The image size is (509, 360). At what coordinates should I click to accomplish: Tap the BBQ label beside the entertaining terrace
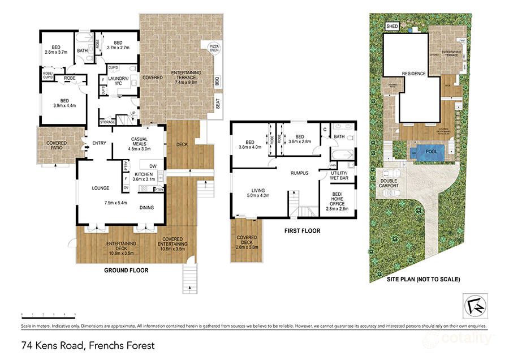[x=217, y=82]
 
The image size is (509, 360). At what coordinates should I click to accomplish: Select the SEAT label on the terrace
[x=217, y=104]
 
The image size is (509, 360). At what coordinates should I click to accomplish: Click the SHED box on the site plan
[x=392, y=27]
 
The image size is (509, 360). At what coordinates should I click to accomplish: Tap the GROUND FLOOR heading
[x=126, y=271]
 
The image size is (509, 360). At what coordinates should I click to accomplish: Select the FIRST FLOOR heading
[x=303, y=231]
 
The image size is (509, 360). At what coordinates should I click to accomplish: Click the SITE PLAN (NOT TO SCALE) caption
[x=423, y=280]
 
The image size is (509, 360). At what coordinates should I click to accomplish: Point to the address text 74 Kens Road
[x=87, y=344]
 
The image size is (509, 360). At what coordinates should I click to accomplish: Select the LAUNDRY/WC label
[x=119, y=81]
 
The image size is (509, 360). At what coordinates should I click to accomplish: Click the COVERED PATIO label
[x=57, y=146]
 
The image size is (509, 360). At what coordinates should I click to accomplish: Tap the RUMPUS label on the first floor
[x=299, y=173]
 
